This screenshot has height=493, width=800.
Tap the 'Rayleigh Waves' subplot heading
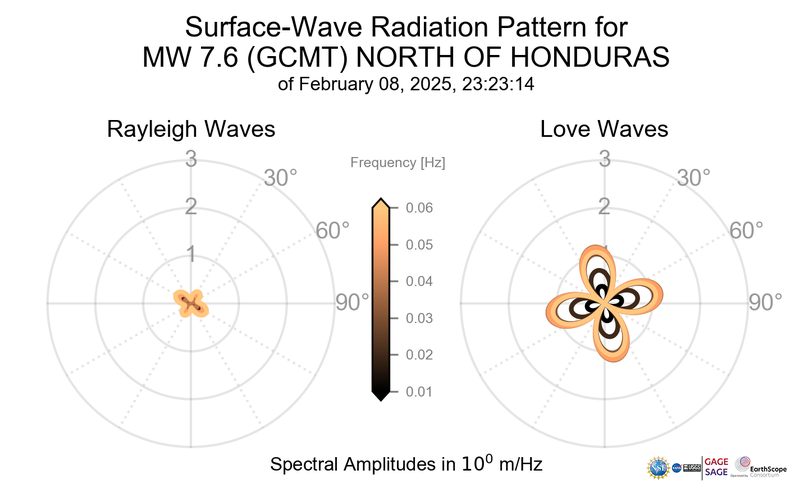pos(191,130)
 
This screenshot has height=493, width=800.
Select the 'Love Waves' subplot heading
pos(604,130)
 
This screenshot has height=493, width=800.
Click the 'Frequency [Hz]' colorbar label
pos(398,162)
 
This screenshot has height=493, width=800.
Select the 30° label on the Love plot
pos(694,178)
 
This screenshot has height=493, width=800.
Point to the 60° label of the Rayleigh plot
pos(333,230)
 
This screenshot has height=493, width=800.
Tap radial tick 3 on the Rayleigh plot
pos(190,158)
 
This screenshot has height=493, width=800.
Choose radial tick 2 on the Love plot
pos(604,207)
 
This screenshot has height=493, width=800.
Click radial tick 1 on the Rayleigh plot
pos(190,254)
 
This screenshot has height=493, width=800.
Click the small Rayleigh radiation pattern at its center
pos(190,302)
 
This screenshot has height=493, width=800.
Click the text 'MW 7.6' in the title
pos(190,58)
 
